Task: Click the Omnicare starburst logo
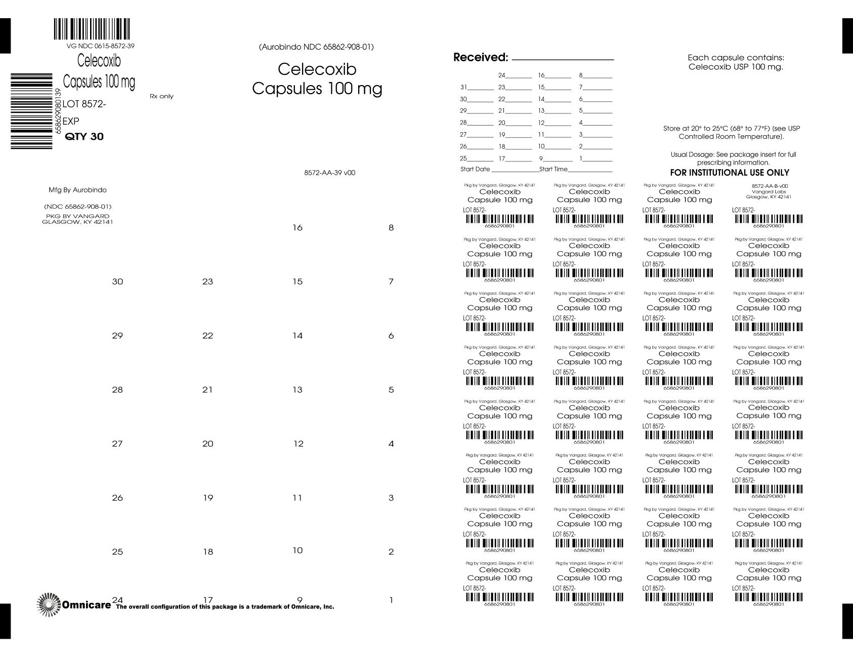point(49,604)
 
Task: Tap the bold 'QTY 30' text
point(84,137)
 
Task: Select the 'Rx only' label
point(161,96)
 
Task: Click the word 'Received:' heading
point(481,58)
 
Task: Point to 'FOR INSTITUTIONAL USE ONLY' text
point(730,173)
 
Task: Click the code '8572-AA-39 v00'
point(329,173)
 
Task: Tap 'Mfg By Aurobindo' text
point(77,190)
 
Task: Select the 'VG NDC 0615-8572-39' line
point(100,46)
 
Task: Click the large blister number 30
point(117,281)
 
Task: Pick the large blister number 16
point(297,228)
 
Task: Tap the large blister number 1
point(391,600)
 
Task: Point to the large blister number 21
point(207,390)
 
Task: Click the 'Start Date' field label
point(475,169)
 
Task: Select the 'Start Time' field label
point(553,169)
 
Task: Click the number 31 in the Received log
point(463,87)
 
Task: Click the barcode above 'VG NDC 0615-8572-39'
point(92,29)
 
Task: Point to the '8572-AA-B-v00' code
point(770,186)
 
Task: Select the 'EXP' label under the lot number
point(71,121)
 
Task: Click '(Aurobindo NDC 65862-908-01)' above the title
point(316,47)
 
